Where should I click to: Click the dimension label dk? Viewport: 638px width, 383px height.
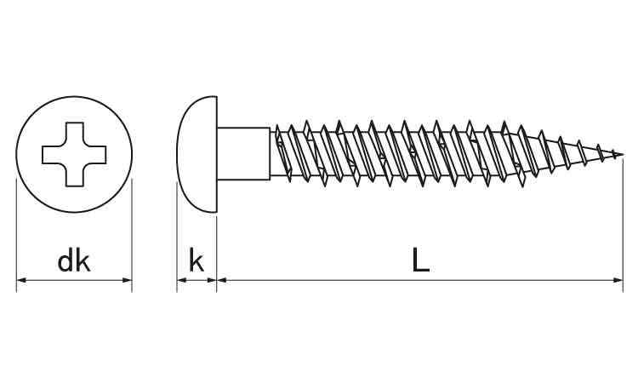click(74, 261)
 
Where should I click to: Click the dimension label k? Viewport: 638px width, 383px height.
click(197, 261)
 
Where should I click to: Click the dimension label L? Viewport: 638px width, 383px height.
click(420, 260)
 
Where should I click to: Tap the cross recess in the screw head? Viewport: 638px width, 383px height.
click(74, 155)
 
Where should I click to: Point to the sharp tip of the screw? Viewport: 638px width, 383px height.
click(623, 154)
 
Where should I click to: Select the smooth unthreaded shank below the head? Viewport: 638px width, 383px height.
click(243, 154)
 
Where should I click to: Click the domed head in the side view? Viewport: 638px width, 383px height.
click(197, 154)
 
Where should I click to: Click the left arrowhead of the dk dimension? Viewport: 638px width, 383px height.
click(20, 280)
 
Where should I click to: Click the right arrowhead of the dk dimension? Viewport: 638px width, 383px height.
click(128, 280)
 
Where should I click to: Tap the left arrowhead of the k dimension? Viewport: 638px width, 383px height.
click(181, 280)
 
